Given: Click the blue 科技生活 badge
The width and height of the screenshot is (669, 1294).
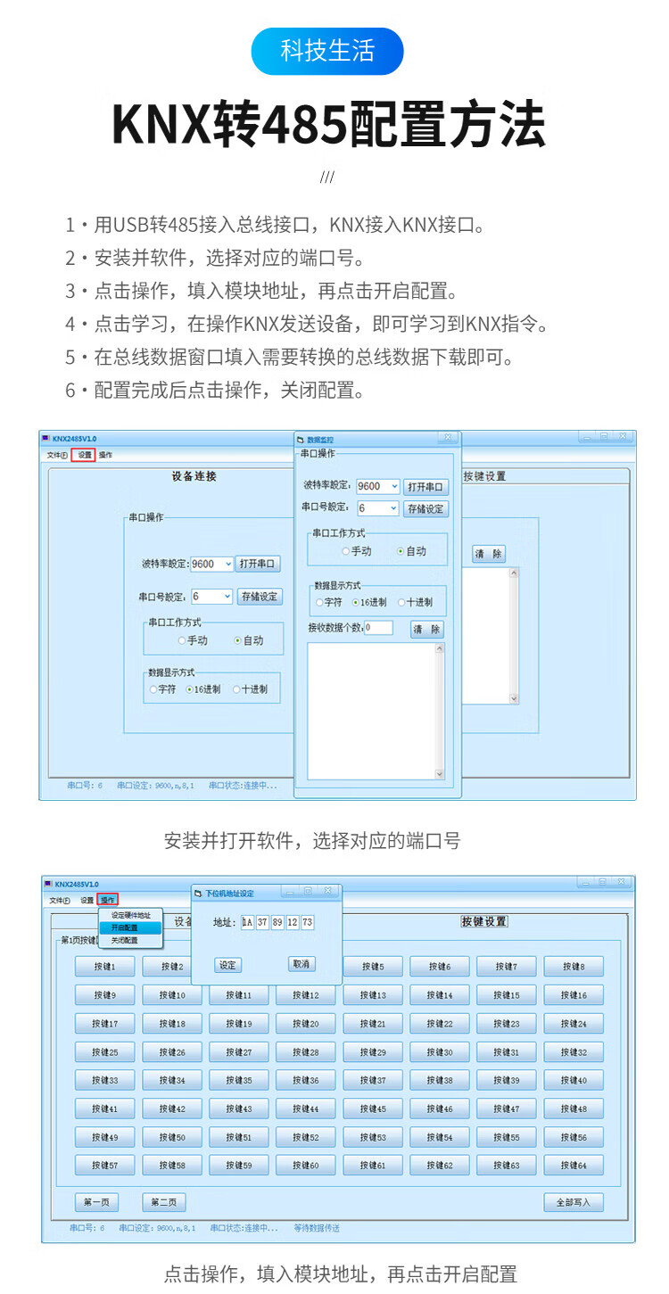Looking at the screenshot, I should [327, 51].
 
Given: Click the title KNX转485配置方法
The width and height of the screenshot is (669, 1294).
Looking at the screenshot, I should [328, 126].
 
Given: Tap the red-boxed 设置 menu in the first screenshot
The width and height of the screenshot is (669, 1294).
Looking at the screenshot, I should [85, 455].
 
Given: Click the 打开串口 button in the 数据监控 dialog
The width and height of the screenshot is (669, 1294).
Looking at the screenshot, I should [425, 487].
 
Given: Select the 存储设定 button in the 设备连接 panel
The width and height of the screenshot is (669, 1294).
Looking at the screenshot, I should [260, 597].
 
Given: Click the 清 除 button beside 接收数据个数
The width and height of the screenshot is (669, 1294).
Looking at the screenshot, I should [426, 629].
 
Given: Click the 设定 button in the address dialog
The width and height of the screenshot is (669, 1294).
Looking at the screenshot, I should [227, 965].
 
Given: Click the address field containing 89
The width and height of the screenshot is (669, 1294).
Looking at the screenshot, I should [277, 923].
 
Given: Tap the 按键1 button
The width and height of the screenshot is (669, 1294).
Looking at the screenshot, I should [104, 967].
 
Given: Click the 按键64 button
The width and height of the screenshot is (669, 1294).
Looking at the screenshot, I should [574, 1166].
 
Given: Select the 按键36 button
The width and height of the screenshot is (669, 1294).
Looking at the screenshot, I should [305, 1080].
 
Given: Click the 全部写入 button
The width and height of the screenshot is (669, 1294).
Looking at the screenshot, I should [574, 1202].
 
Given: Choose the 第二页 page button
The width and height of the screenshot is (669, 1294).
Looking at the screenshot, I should [163, 1202].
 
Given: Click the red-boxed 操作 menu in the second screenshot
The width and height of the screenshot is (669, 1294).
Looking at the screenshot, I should [108, 900].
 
